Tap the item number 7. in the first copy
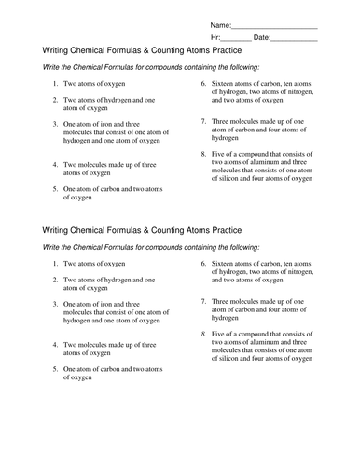202,122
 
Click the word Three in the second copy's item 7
223,328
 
